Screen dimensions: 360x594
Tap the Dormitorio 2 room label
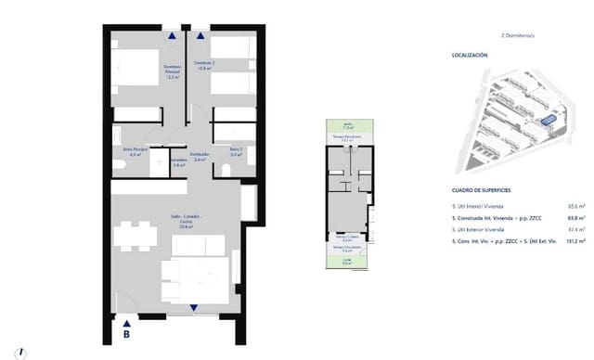click(x=204, y=65)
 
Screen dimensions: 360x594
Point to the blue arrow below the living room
click(x=193, y=308)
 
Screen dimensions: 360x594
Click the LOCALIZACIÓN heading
click(x=469, y=56)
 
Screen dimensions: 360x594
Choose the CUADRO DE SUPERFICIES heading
click(x=480, y=188)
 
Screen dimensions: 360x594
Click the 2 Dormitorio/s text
click(x=519, y=35)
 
